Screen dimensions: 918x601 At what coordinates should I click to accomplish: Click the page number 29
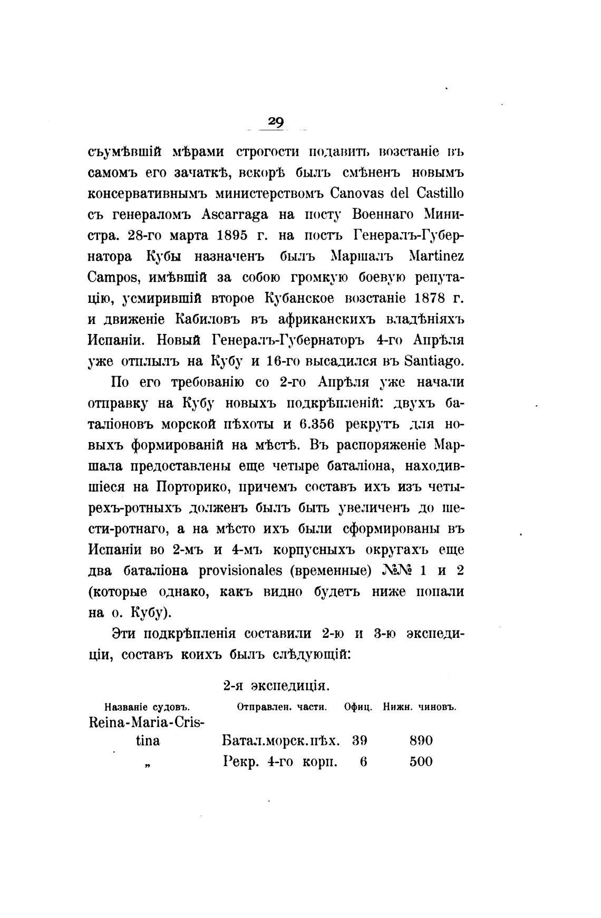point(276,122)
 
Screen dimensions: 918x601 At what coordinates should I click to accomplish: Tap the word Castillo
point(440,194)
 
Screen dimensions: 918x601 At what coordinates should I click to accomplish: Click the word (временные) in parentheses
point(331,570)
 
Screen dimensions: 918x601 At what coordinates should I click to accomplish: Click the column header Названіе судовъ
point(147,707)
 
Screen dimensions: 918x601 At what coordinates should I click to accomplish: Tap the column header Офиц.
point(358,707)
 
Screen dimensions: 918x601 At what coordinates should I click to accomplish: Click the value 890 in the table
point(421,741)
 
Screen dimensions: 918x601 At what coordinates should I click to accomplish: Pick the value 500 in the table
point(421,762)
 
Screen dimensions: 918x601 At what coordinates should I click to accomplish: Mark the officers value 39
point(360,741)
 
